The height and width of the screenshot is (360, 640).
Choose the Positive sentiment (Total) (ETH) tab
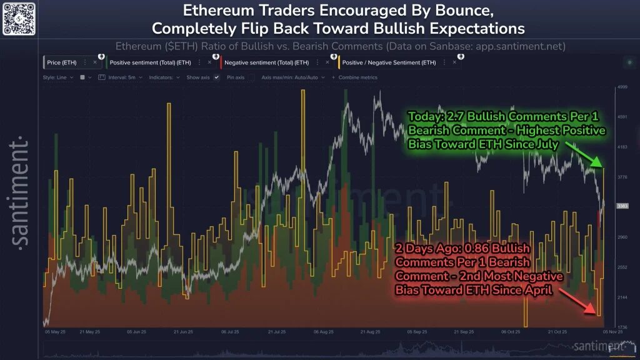tap(150, 62)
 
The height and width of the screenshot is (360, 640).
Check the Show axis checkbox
tap(216, 77)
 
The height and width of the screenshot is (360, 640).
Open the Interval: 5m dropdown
tap(122, 77)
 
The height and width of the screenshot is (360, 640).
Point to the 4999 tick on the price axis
tap(622, 87)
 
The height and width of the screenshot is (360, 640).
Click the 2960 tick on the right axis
tap(622, 237)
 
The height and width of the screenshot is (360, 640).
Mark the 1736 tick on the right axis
tap(622, 327)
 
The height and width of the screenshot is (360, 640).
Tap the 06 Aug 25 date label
tap(324, 332)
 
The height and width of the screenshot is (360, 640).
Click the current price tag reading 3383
tap(622, 206)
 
